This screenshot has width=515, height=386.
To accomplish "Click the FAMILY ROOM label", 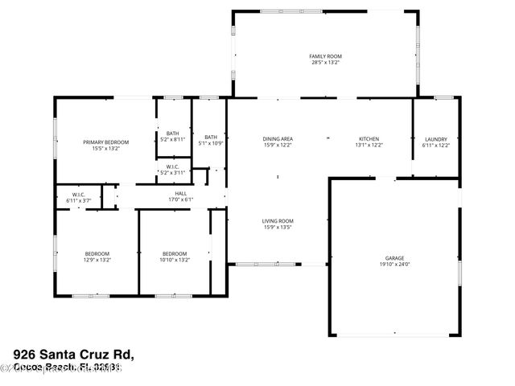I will point(325,55).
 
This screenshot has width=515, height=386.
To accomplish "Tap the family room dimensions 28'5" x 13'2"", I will point(325,62).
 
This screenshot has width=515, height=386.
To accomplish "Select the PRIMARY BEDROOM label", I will point(105,142).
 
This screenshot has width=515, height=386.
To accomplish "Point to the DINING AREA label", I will point(278,139).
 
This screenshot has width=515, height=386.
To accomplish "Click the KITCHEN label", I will point(369,139).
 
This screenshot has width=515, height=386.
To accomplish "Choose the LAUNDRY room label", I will point(436,139).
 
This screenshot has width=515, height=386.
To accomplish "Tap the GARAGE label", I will point(394,258).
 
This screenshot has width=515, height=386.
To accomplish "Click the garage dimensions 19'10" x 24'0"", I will point(394,265).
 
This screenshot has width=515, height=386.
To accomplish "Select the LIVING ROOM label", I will point(278,221).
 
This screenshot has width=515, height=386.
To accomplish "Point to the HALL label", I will point(182,193).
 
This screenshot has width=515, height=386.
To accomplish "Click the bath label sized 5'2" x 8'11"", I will point(173,133).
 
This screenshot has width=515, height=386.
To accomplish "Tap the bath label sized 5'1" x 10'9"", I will point(210,137).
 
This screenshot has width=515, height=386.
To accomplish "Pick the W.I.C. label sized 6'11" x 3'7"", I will point(78,194).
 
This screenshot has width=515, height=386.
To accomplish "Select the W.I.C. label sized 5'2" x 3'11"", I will point(173,167).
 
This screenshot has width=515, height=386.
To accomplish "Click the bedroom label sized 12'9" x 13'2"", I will point(97,253).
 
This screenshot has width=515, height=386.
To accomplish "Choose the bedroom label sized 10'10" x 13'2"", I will point(174,253).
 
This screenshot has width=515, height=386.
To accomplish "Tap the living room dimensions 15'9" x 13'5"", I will point(278,228).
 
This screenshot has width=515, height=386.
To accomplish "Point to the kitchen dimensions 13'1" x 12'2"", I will point(369,146).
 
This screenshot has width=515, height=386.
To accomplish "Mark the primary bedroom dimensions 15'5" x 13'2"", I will point(105,148).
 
